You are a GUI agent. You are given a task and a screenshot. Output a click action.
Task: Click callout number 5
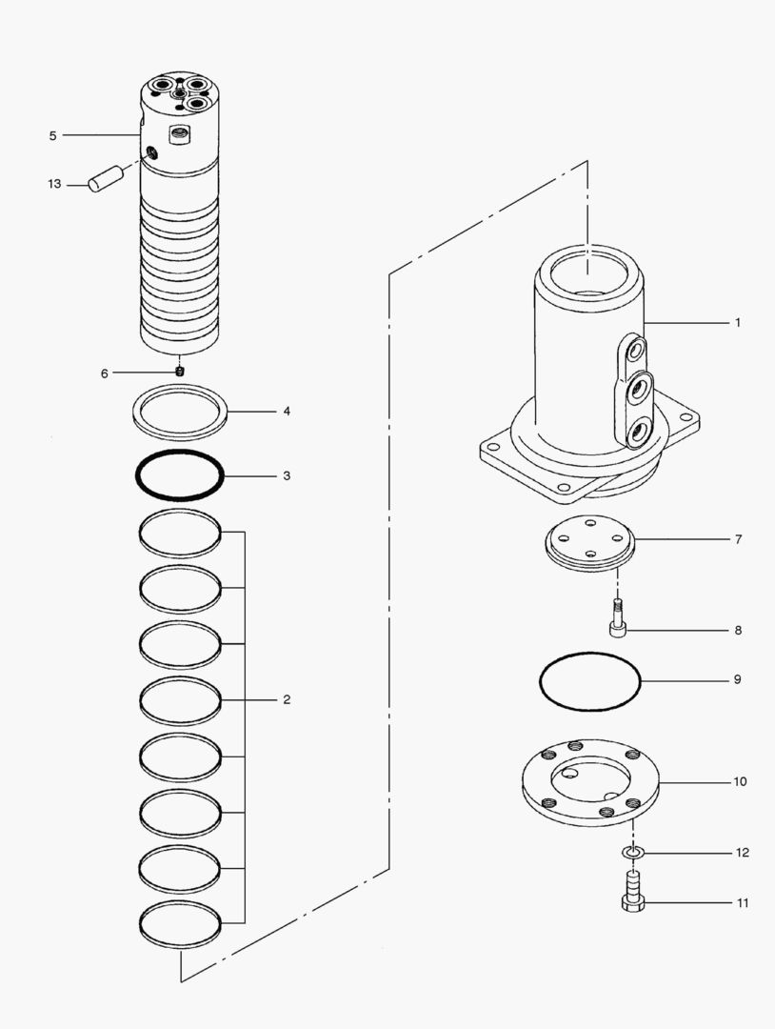tap(52, 136)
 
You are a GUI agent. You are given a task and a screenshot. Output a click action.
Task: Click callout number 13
tap(54, 183)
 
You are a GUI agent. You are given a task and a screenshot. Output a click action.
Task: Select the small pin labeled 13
tap(106, 178)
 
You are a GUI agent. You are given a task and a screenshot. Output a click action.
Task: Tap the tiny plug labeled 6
tap(180, 372)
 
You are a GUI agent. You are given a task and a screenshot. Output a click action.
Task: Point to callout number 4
tap(286, 413)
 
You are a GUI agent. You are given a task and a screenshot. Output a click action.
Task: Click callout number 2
tap(286, 700)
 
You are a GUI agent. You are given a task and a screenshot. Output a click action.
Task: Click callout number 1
tap(736, 323)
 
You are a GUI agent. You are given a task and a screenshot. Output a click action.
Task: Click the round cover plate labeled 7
tap(588, 544)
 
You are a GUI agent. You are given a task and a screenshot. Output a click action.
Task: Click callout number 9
tap(736, 680)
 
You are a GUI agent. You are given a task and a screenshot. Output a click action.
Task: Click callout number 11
tap(742, 902)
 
